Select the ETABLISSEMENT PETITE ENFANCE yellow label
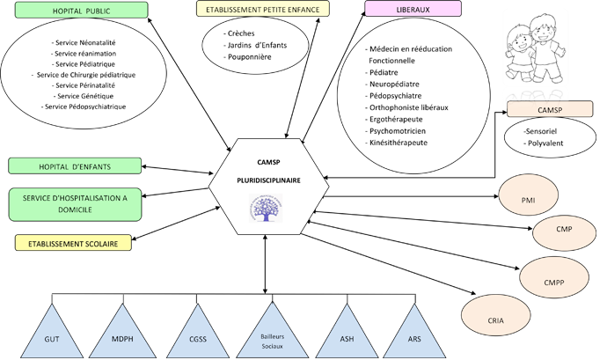(x=262, y=9)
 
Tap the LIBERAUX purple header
(x=413, y=9)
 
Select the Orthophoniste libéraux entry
(x=409, y=107)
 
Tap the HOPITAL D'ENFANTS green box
(x=75, y=166)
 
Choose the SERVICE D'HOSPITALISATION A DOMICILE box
(x=75, y=203)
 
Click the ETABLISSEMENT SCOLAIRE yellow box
(x=73, y=243)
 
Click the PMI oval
(x=528, y=200)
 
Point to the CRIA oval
(x=495, y=321)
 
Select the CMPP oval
(x=554, y=283)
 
